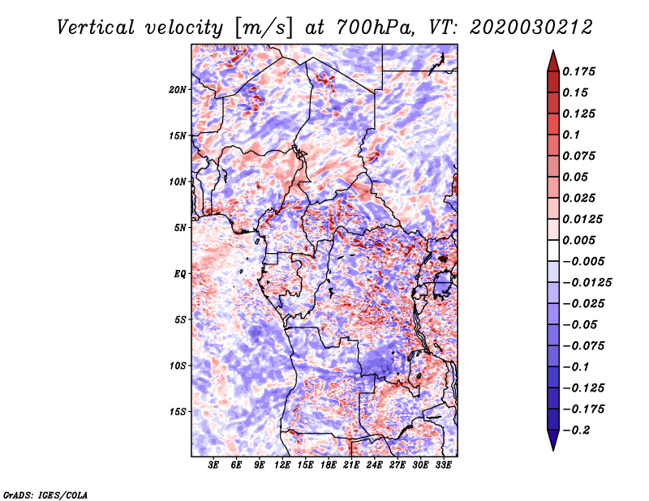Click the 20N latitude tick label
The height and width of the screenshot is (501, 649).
(178, 90)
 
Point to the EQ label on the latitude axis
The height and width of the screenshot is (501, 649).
(179, 274)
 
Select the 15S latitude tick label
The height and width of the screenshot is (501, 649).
(178, 412)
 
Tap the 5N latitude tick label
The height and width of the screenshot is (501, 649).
(179, 228)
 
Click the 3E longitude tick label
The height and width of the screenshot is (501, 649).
(213, 465)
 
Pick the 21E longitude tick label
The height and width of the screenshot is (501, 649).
(351, 465)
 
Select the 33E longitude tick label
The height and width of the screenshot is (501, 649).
(443, 465)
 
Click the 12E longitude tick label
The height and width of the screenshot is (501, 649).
(282, 465)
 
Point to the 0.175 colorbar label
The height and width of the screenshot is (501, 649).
(578, 71)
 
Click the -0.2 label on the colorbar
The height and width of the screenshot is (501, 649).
(577, 430)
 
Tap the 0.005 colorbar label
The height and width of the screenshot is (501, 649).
(578, 240)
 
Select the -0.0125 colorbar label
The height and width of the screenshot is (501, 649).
(587, 283)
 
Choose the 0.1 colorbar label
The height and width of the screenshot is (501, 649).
(571, 135)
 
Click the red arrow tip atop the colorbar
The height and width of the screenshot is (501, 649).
(553, 51)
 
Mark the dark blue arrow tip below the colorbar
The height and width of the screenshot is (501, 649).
(553, 450)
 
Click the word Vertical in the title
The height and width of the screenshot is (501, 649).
(96, 28)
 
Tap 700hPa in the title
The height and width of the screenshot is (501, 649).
(375, 28)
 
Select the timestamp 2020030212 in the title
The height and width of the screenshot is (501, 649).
(531, 28)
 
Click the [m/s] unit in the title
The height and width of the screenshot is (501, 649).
(263, 28)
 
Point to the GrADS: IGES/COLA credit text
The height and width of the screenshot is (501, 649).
(45, 495)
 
